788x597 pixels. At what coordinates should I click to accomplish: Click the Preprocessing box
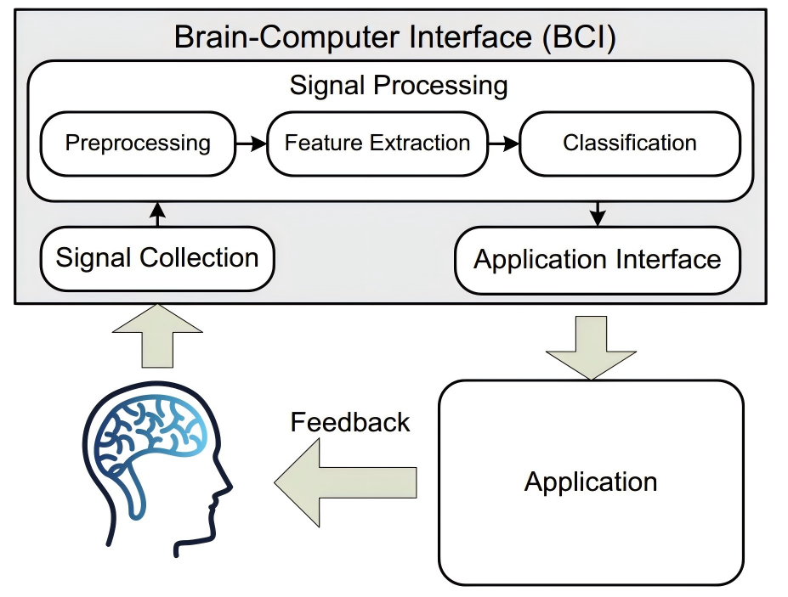(138, 143)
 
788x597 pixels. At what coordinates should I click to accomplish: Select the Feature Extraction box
(377, 143)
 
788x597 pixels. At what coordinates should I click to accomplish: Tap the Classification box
(629, 143)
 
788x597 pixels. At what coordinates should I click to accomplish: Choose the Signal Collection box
(157, 257)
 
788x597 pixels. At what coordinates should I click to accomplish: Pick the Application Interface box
(597, 259)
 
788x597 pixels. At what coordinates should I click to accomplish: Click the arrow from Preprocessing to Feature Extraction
(251, 144)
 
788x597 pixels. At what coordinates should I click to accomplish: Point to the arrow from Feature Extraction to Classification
(504, 144)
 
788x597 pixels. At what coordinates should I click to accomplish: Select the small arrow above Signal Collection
(156, 213)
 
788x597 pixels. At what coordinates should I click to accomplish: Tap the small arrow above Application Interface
(598, 213)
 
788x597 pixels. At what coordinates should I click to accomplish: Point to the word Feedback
(350, 422)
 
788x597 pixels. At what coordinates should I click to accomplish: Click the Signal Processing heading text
(399, 86)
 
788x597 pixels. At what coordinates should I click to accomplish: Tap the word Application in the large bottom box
(591, 482)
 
